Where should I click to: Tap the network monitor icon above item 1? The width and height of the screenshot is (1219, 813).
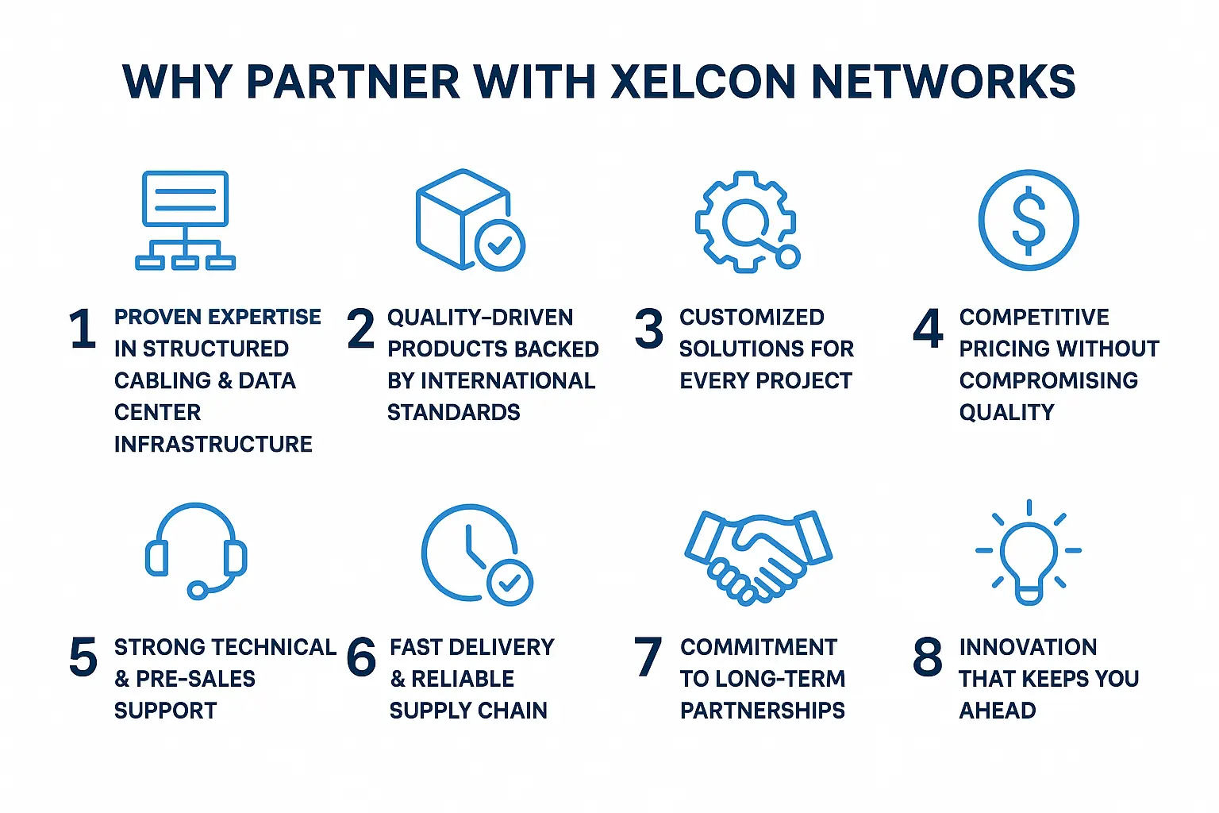pos(185,220)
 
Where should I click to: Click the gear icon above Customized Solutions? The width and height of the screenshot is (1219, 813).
pos(746,222)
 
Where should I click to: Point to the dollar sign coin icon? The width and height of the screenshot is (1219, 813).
pos(1029,220)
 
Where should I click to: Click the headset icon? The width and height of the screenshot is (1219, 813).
pos(196,550)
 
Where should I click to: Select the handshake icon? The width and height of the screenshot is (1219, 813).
pos(758,556)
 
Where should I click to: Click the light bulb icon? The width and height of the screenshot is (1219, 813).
pos(1029,553)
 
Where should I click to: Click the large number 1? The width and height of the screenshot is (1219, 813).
pos(83,329)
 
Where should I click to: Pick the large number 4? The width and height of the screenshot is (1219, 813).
pos(928,329)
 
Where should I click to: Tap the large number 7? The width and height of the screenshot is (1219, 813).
pos(648,657)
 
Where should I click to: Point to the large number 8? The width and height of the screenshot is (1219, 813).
pos(928,657)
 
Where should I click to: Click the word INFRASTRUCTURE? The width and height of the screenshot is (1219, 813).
pos(213,444)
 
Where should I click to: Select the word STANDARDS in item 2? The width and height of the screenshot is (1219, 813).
pos(454,412)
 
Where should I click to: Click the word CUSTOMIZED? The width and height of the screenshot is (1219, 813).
pos(752,317)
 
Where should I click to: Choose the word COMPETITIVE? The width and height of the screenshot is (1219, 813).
pos(1034,317)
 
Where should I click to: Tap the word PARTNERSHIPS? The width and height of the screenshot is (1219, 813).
pos(763,711)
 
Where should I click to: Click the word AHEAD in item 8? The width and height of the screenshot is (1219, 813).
pos(998,711)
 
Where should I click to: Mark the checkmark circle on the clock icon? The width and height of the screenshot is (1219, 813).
pos(510,583)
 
